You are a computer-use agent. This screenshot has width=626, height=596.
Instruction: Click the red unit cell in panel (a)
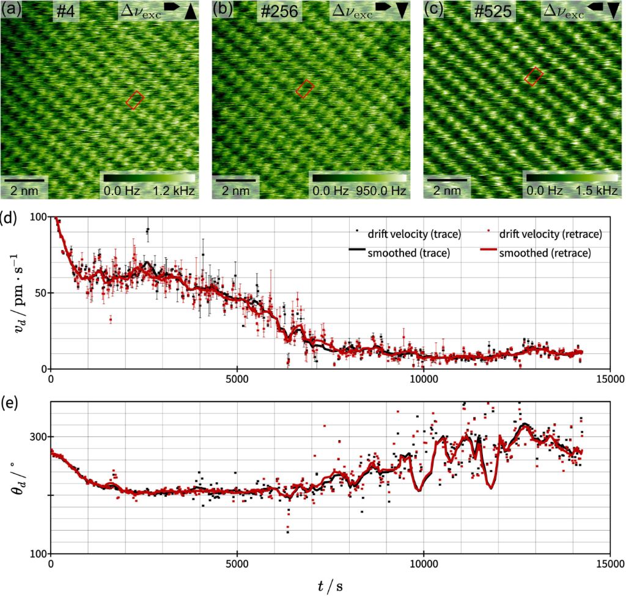point(135,100)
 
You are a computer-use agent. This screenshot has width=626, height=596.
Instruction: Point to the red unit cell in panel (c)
point(534,76)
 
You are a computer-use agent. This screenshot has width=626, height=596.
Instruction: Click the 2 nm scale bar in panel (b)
point(235,180)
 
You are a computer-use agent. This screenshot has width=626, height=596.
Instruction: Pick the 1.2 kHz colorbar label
point(174,191)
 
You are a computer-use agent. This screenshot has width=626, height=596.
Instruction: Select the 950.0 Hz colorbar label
point(382,191)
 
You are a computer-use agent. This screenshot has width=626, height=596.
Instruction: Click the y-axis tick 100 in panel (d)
point(37,217)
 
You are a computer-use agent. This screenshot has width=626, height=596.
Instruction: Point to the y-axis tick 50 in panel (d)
point(40,293)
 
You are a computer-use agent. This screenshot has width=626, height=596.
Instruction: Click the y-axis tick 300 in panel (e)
point(37,436)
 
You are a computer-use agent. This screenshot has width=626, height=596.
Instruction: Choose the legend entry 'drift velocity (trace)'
point(413,233)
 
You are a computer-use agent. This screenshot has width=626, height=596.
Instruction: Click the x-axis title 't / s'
point(330,585)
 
